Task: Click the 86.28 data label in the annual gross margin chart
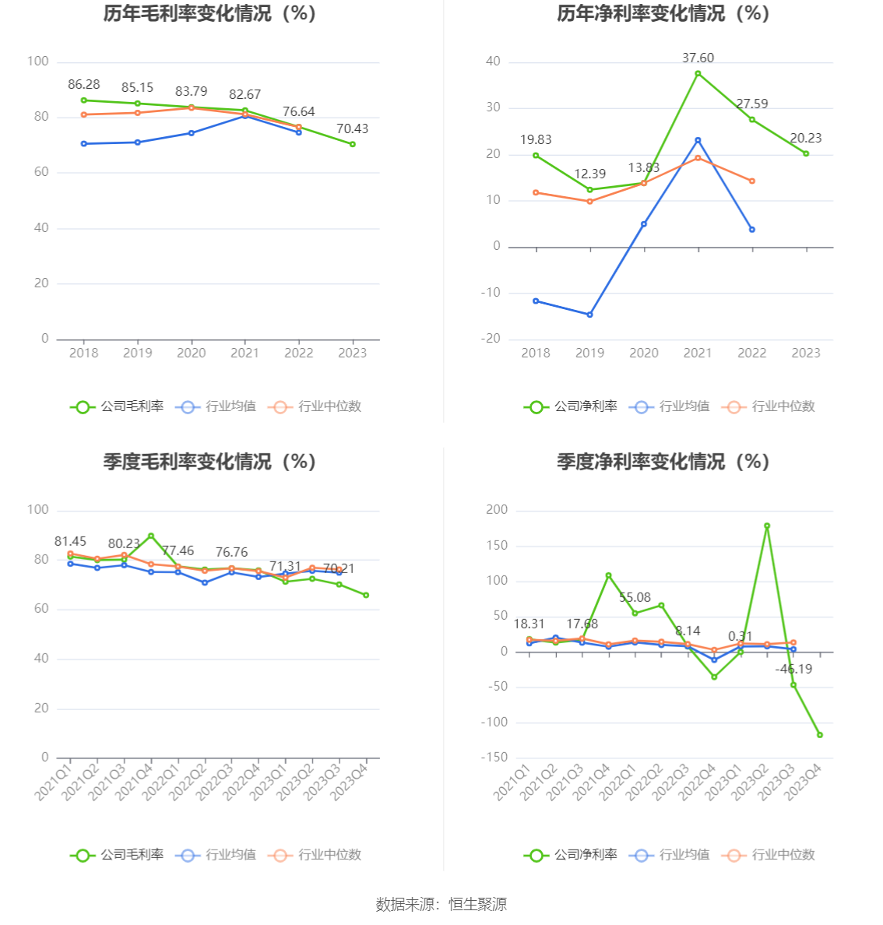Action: pos(84,85)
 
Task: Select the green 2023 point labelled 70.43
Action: pos(353,144)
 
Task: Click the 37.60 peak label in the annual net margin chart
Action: pos(698,58)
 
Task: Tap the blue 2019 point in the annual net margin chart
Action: pos(589,315)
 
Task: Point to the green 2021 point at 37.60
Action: pos(698,73)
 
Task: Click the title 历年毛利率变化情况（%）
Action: pos(209,13)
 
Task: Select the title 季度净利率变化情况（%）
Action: pos(663,462)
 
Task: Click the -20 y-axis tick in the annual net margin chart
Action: pos(491,339)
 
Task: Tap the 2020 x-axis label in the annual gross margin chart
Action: pos(192,353)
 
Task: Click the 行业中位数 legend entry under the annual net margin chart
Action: pos(769,406)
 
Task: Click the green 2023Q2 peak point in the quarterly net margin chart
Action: pos(767,526)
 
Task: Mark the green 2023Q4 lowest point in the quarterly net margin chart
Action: pos(820,735)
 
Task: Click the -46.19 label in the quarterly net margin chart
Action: pos(793,669)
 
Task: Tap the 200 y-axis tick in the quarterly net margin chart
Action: pos(497,510)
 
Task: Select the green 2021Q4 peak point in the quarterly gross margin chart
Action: pos(151,536)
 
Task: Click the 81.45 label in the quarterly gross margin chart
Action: pos(70,541)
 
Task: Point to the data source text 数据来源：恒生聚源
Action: pos(441,904)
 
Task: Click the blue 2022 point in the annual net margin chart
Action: pos(752,230)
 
